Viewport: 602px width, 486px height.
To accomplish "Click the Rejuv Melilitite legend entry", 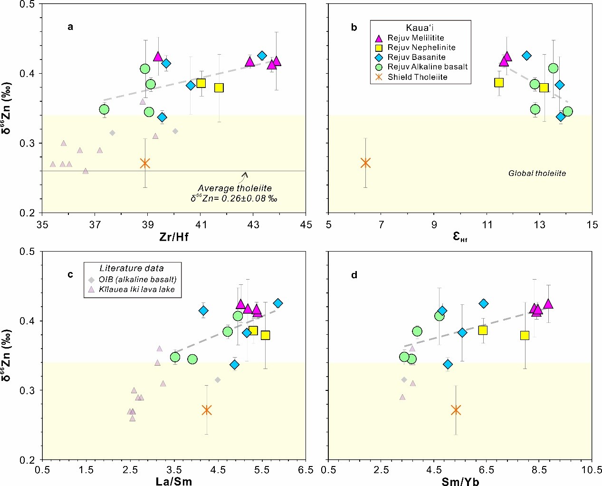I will click(416, 38).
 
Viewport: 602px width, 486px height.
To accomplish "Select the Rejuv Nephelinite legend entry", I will click(421, 48).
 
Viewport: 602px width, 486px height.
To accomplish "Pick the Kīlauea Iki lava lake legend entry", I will click(137, 289).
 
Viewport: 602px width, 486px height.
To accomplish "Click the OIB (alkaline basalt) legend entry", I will click(138, 279).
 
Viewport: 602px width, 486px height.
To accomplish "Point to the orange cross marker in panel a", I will click(145, 164).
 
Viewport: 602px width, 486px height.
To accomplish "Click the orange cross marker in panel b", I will click(365, 163).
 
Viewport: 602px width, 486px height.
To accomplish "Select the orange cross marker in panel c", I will click(206, 410).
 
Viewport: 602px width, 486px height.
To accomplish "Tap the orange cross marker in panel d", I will click(456, 410).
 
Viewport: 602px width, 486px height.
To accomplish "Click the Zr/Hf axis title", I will click(174, 236).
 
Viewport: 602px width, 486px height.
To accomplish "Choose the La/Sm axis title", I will click(174, 481).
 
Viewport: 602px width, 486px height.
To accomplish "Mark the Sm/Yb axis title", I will click(460, 481).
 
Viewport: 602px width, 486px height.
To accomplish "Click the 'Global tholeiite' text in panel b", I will click(537, 174).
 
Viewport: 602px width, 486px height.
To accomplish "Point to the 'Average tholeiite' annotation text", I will click(235, 189).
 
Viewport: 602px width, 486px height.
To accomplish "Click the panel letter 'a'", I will click(70, 27).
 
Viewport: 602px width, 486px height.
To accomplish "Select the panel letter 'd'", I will click(354, 275).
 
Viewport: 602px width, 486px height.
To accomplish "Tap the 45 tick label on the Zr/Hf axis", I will click(306, 224).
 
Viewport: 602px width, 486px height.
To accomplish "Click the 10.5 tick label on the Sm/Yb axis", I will click(592, 470).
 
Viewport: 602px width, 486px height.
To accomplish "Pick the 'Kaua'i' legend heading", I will click(420, 28).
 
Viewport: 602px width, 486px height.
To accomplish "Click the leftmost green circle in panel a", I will click(104, 109).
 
